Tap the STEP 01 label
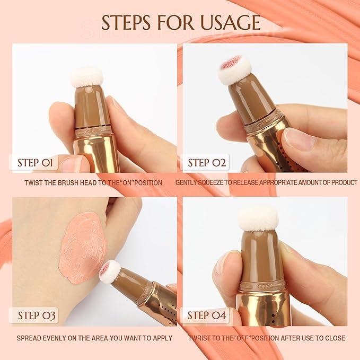34,162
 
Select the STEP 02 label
207,162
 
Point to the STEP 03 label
37,315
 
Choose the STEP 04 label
207,315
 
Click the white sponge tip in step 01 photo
86,76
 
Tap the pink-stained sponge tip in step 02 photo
234,69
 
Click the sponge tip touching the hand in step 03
110,271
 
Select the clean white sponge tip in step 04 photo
258,218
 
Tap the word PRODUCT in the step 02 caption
342,182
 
